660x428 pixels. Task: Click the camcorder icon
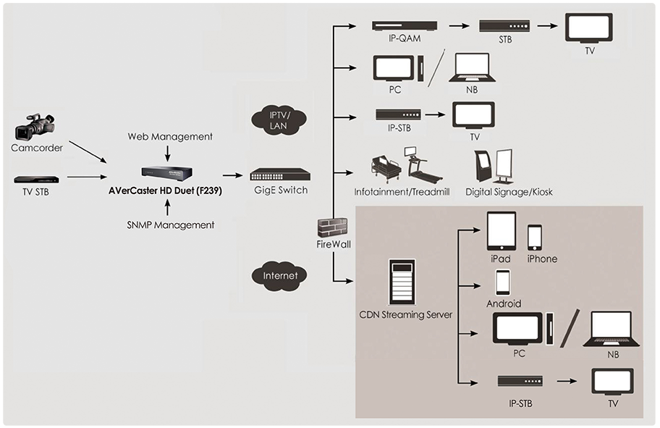point(35,127)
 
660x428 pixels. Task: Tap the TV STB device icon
point(36,179)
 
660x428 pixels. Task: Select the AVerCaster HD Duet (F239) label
point(165,191)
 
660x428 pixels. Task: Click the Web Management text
point(170,136)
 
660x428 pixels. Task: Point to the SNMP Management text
point(171,225)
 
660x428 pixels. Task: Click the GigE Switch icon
point(280,175)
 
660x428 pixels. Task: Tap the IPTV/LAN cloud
point(279,120)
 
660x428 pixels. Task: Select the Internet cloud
point(279,276)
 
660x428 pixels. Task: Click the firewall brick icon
point(332,227)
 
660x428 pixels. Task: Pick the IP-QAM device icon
point(405,26)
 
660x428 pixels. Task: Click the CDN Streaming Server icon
point(402,282)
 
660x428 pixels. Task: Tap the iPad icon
point(502,231)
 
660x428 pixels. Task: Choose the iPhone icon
point(535,238)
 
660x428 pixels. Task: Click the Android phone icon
point(503,282)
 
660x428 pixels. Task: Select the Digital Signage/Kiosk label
point(509,192)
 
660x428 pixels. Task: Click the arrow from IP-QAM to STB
point(460,26)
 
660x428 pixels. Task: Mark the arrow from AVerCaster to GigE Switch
point(233,175)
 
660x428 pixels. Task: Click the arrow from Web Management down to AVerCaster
point(167,154)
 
